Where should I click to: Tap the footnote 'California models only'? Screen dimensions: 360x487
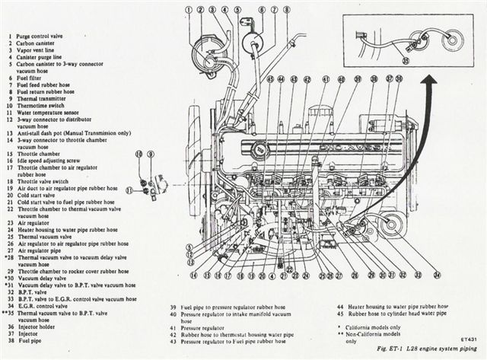pos(380,327)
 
